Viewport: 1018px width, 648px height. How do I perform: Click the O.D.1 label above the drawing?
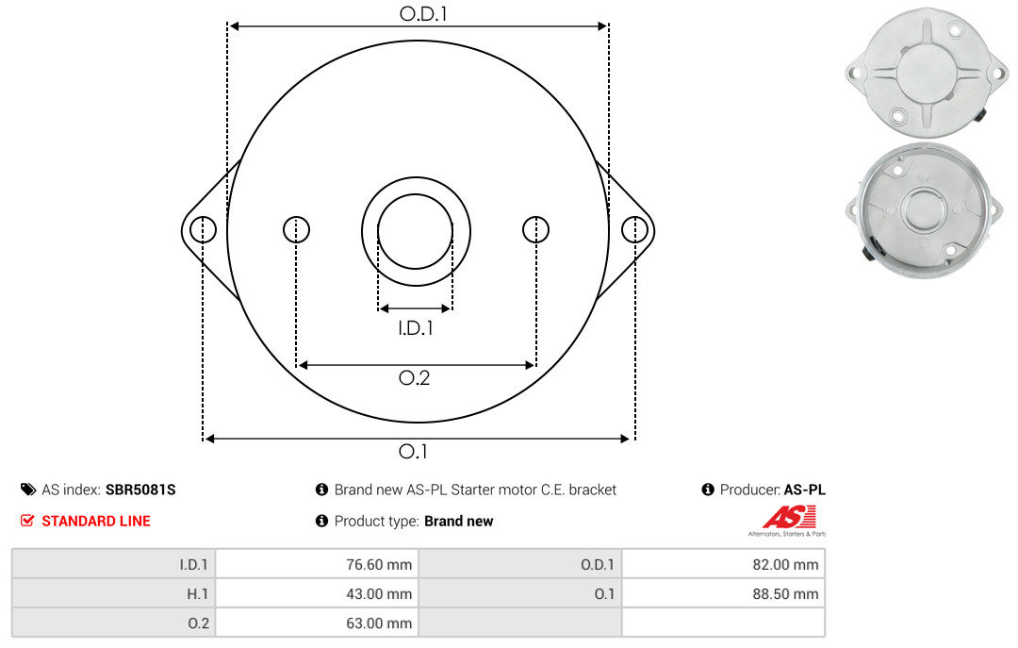pos(423,13)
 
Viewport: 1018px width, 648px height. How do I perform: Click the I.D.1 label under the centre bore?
pos(416,328)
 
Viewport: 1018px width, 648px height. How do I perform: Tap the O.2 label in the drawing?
pos(414,377)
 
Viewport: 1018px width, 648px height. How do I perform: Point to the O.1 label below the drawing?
pos(413,451)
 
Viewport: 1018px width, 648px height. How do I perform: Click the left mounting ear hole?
pos(204,229)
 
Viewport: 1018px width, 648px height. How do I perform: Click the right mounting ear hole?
pos(634,229)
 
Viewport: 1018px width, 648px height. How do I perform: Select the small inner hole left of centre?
pos(297,229)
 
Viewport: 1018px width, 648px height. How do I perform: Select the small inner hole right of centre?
pos(535,229)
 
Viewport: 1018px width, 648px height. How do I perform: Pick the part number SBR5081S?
pos(140,490)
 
